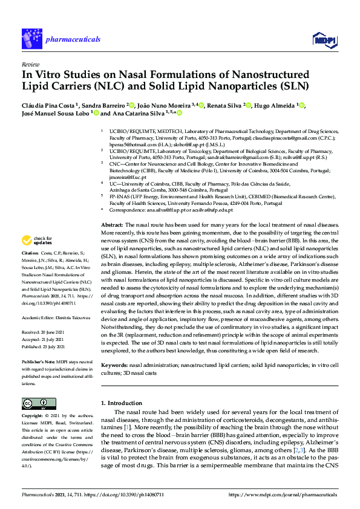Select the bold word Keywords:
(114, 366)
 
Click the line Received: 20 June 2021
(45, 332)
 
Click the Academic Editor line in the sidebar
(56, 317)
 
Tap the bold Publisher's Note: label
(38, 361)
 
